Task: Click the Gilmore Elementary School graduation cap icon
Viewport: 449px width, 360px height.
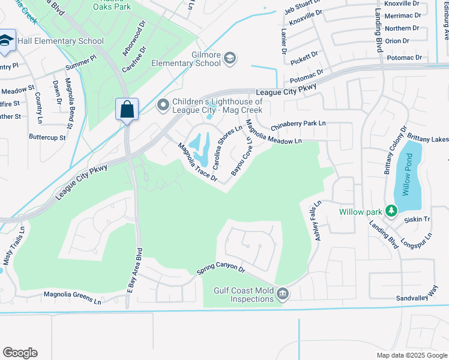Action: [x=229, y=58]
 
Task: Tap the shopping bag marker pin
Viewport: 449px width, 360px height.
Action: [x=127, y=110]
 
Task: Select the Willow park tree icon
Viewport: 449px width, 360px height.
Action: [x=391, y=211]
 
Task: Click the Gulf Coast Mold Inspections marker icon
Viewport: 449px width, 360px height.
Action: [x=283, y=294]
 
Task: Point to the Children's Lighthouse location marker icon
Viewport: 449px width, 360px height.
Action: [x=163, y=106]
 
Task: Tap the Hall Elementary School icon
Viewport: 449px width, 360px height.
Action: [x=7, y=40]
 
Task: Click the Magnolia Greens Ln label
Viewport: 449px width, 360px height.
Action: [x=73, y=296]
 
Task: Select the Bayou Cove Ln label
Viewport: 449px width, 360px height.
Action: [x=242, y=155]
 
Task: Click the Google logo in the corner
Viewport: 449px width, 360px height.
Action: [x=20, y=353]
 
